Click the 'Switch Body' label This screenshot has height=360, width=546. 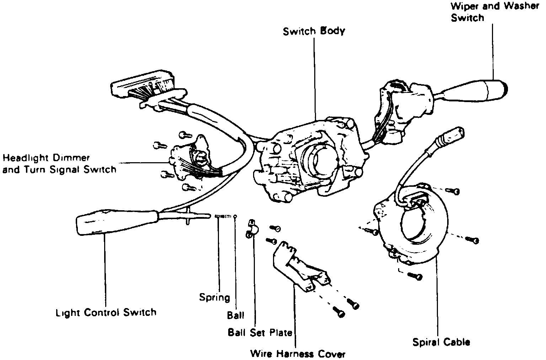point(314,31)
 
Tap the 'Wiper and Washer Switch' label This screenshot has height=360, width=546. point(494,12)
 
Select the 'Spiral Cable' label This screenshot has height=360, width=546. point(441,342)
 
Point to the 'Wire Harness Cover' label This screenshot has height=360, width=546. point(298,354)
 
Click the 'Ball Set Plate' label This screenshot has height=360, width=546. point(260,333)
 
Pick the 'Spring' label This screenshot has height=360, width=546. point(214,297)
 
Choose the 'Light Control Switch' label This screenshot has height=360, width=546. point(106,313)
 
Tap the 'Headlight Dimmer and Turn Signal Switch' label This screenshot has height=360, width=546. point(59,164)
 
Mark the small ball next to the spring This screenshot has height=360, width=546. point(235,216)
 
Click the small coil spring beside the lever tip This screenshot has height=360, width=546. point(223,216)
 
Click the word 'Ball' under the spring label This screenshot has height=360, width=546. point(236,315)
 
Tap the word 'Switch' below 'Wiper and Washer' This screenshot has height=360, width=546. point(467,18)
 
